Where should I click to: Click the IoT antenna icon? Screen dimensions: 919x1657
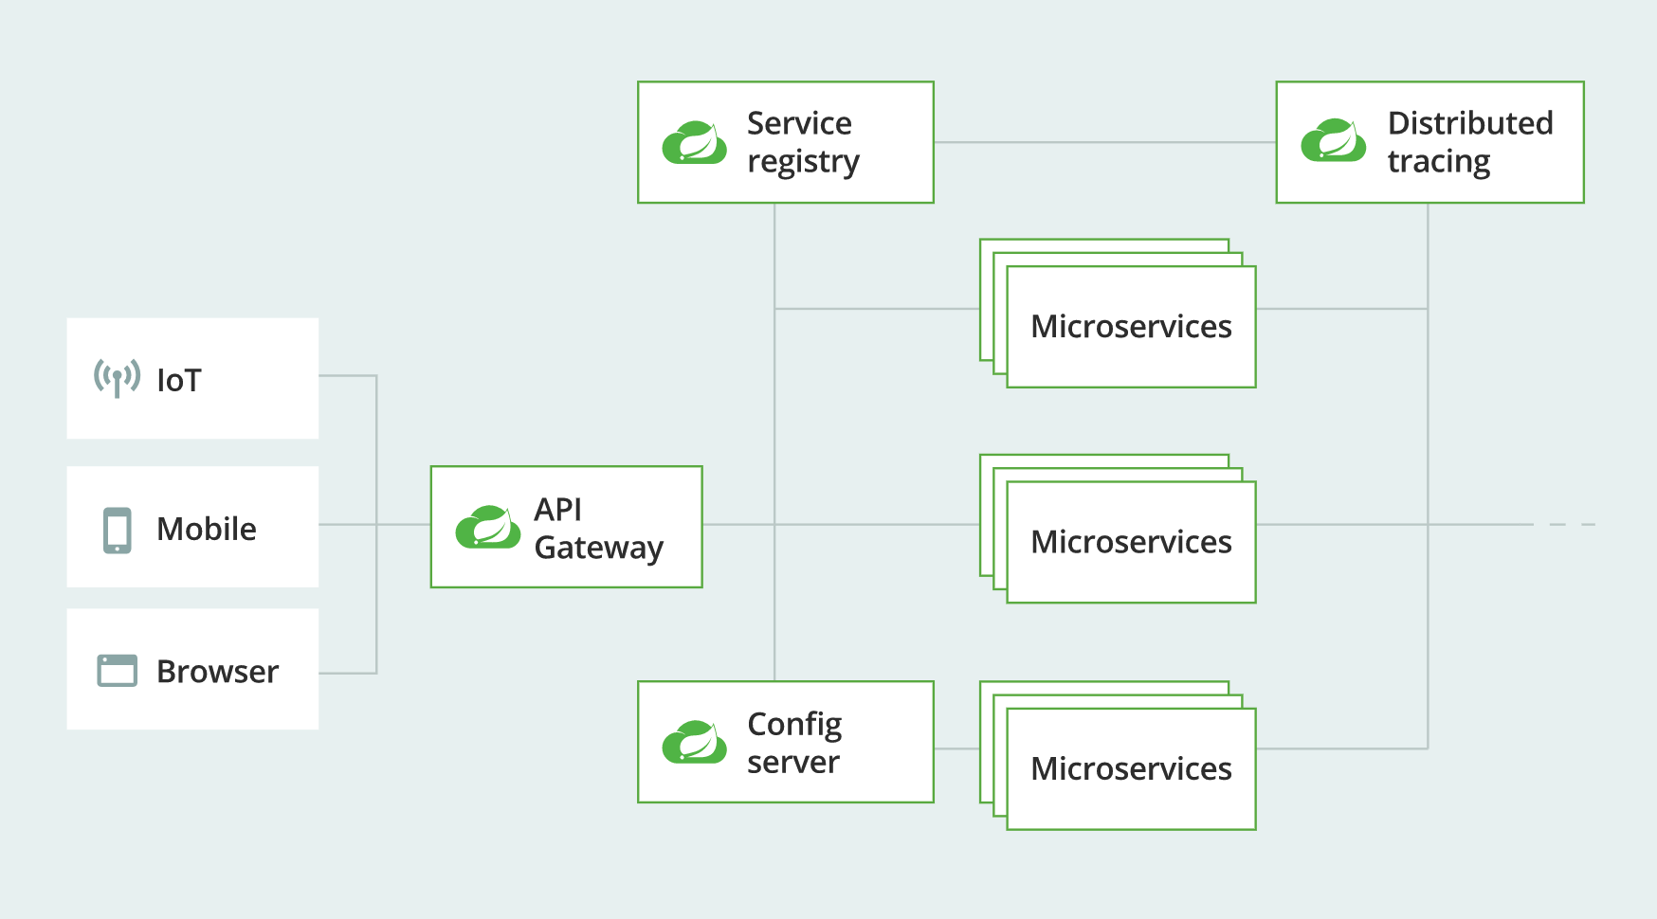click(117, 378)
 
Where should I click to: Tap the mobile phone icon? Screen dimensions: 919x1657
click(117, 530)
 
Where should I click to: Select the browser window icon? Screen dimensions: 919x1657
click(117, 671)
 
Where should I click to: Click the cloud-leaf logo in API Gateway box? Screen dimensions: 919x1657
click(487, 527)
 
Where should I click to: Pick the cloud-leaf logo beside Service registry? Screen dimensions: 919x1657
click(694, 142)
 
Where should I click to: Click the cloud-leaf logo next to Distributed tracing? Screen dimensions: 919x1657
click(1333, 140)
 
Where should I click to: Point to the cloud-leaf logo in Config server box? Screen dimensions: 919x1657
click(694, 742)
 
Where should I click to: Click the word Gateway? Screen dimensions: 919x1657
click(598, 548)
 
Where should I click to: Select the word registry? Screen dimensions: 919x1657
click(802, 162)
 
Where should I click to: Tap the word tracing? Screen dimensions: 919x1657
click(1438, 162)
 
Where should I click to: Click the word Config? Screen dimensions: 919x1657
click(793, 725)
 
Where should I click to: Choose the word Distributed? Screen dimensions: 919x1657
click(1469, 123)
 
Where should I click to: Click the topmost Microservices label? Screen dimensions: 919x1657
click(1130, 327)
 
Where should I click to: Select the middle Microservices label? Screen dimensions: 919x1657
click(1130, 542)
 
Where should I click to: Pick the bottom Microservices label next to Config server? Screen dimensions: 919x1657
click(1130, 768)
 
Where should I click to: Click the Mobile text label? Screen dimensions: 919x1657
click(206, 529)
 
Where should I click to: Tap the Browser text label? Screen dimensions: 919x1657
click(217, 672)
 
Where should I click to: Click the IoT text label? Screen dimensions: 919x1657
click(178, 381)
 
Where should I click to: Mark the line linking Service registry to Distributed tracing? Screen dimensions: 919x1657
click(1104, 142)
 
